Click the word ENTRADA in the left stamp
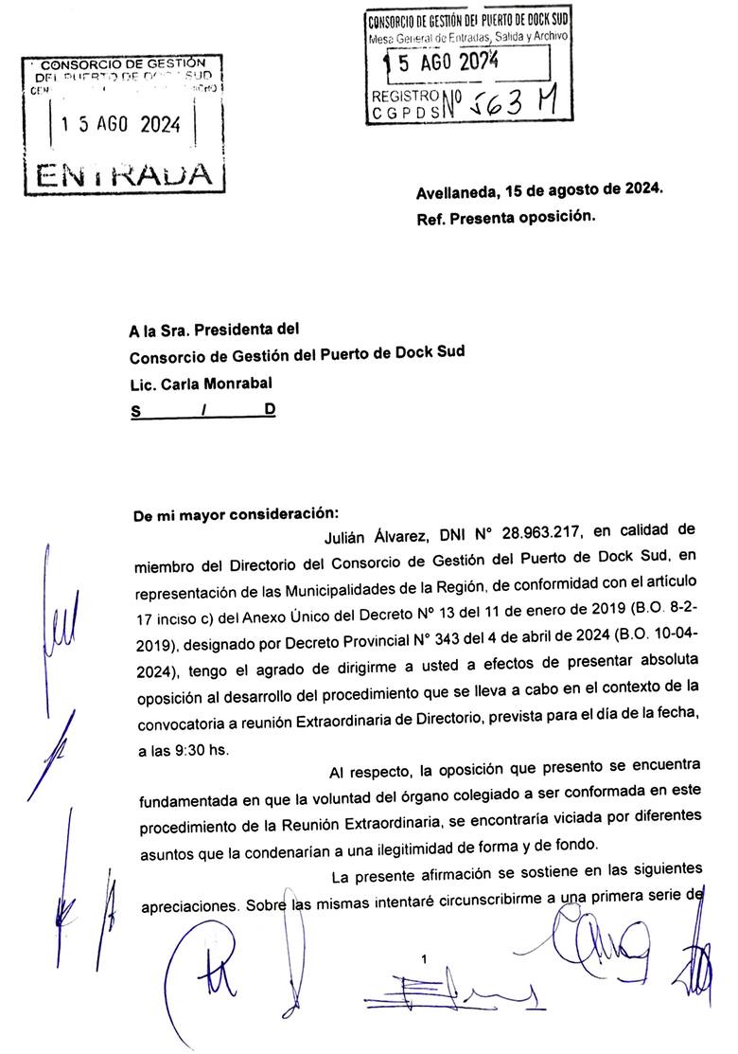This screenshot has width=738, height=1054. pyautogui.click(x=124, y=173)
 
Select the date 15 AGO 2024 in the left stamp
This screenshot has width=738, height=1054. pyautogui.click(x=121, y=125)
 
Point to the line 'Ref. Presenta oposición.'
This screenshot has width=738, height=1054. pyautogui.click(x=505, y=217)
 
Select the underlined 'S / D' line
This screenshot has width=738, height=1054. pyautogui.click(x=202, y=411)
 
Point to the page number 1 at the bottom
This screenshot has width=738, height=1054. pyautogui.click(x=425, y=960)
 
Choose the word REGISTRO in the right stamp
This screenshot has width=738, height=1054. pyautogui.click(x=406, y=96)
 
